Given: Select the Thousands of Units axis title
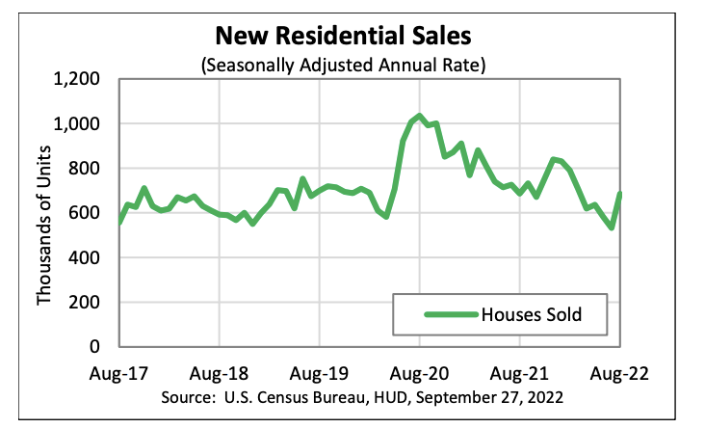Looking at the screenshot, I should click(x=44, y=212).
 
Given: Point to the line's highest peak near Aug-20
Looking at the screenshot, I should click(x=419, y=117).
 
